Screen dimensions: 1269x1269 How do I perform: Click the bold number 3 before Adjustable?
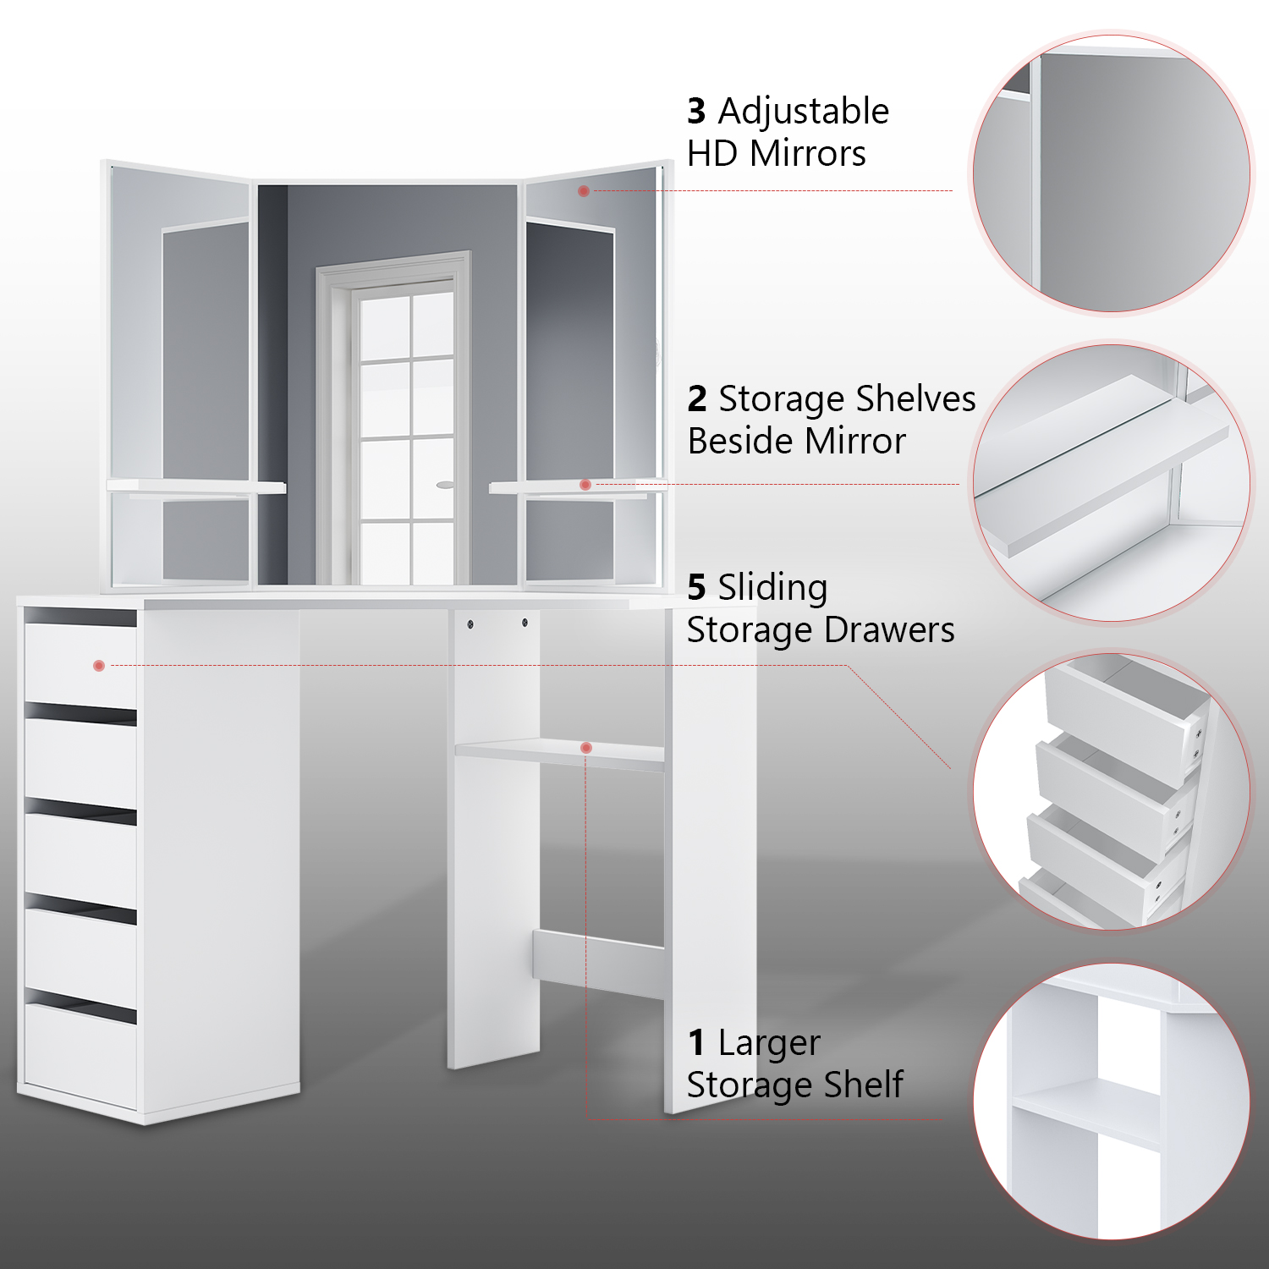point(696,111)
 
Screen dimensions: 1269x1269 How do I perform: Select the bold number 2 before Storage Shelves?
point(696,398)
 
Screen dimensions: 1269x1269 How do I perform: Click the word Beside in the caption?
point(740,441)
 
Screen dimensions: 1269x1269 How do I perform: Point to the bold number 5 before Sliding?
point(696,587)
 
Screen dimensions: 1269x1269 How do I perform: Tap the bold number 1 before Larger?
point(696,1043)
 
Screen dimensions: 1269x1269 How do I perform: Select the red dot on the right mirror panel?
point(584,191)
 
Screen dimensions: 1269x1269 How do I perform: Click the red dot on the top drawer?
point(99,666)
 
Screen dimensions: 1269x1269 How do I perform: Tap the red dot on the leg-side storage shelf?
point(585,748)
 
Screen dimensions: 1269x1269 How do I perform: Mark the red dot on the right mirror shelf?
point(585,485)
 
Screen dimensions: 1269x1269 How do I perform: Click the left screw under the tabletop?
point(470,624)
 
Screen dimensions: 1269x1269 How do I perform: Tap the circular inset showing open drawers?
point(1110,791)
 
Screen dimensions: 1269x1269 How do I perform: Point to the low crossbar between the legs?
point(599,965)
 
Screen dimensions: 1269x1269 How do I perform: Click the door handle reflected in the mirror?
point(445,485)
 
